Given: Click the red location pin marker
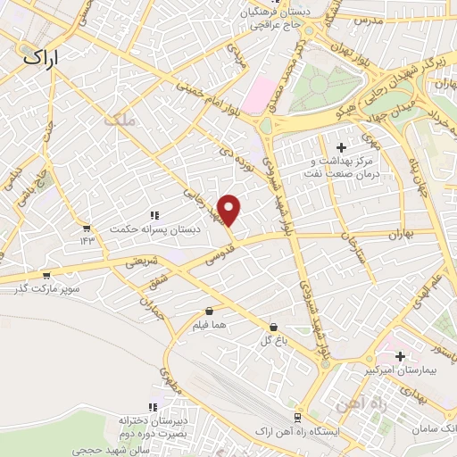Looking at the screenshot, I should [229, 210].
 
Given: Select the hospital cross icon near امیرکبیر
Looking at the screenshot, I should [400, 356].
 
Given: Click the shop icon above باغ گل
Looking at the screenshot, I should [272, 328].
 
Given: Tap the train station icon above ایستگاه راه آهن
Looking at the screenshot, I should [298, 417].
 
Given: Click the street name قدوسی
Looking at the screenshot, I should [222, 255].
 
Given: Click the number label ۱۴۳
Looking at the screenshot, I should [87, 239].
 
